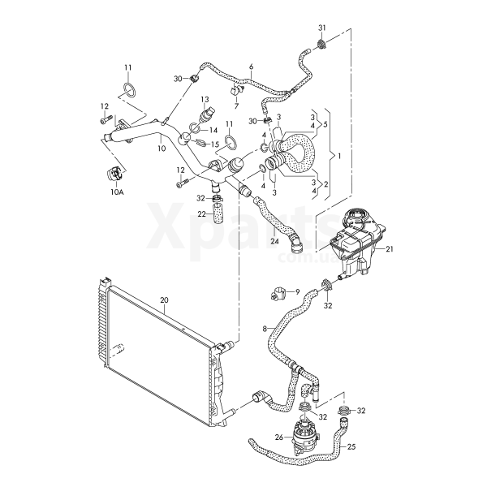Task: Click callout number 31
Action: coord(322,28)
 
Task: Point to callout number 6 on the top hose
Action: coord(251,67)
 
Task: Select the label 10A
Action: coord(117,193)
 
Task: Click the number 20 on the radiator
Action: coord(164,300)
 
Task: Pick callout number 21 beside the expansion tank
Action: coord(390,249)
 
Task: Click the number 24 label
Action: coord(274,241)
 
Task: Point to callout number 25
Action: coord(351,446)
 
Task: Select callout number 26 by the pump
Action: coord(279,437)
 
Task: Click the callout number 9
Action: coord(296,291)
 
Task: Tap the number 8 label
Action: coord(264,327)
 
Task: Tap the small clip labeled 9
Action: coord(278,289)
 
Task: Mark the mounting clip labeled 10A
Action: coord(114,174)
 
